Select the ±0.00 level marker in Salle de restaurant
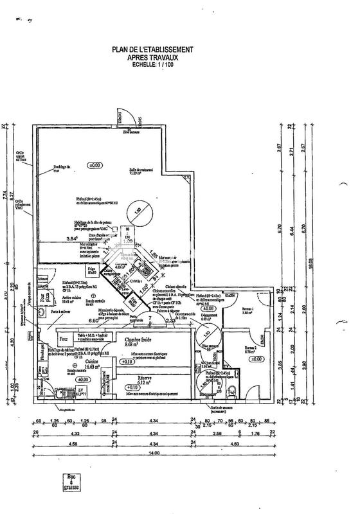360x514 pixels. (95, 165)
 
